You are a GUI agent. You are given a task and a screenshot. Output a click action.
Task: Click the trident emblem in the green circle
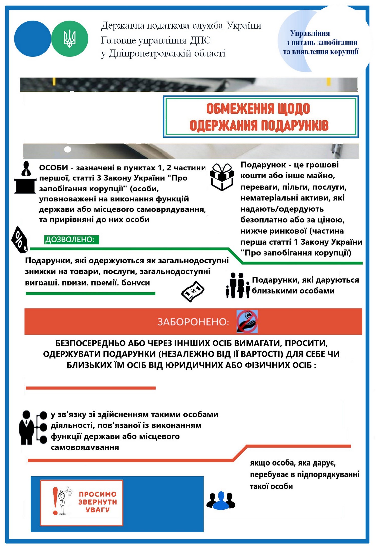coord(70,39)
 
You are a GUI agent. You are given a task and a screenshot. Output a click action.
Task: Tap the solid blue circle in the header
coord(32,39)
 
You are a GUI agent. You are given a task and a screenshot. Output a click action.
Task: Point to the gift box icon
coord(222,177)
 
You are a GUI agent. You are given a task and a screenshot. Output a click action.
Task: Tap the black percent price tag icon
coord(20,239)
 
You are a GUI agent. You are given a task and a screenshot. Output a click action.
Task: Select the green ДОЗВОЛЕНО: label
coord(71,240)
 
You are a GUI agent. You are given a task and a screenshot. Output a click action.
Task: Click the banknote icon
coord(193,292)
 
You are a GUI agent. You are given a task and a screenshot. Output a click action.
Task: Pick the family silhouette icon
coord(238,286)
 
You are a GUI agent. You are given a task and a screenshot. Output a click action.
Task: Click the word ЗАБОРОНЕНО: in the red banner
coord(193,322)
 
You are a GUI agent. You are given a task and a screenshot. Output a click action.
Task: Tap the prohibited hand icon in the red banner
coord(247,322)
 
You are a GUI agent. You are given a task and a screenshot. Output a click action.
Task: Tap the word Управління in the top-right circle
coord(310,33)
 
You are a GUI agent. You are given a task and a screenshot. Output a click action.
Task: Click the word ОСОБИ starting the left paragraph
coord(53,168)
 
